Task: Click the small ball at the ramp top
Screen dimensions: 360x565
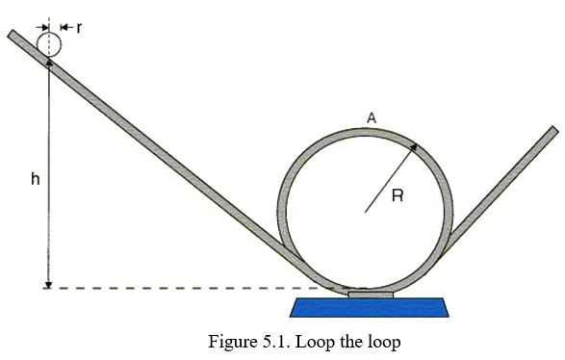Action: (x=49, y=42)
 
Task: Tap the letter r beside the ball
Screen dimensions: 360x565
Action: (x=79, y=28)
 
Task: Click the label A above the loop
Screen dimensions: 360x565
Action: (x=372, y=117)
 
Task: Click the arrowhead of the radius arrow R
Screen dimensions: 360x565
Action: (x=415, y=146)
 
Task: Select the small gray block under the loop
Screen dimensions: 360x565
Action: (x=370, y=294)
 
